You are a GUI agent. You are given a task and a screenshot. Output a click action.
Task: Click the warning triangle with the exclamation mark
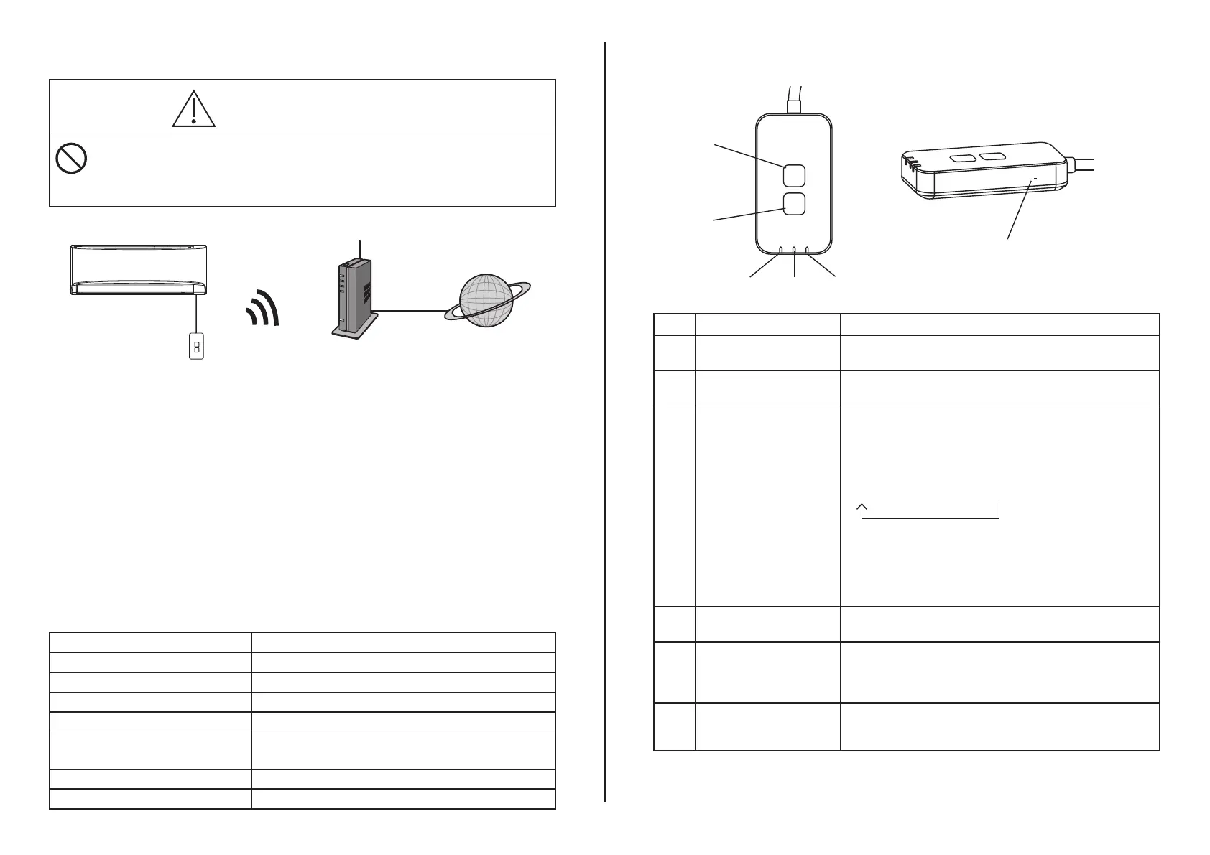[194, 110]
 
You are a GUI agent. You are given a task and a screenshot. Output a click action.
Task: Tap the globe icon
[486, 301]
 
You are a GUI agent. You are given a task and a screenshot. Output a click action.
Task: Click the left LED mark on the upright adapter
[781, 251]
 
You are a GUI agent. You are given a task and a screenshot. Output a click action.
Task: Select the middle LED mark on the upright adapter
[794, 251]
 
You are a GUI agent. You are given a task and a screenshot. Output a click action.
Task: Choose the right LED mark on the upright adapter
[808, 251]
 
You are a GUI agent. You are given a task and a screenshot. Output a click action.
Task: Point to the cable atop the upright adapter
[794, 96]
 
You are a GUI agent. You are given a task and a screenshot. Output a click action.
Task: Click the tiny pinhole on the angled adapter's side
[1035, 178]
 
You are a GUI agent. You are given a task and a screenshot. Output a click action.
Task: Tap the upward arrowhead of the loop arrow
[861, 506]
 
